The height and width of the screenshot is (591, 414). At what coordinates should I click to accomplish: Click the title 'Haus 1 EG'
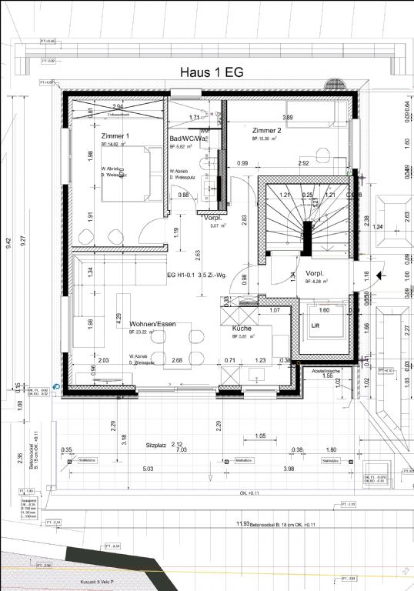pos(212,72)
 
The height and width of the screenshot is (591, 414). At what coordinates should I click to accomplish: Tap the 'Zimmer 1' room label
pos(115,135)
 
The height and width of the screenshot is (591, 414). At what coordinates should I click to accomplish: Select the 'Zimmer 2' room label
pos(266,131)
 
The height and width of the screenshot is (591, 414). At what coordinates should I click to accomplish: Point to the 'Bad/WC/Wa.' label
pos(188,139)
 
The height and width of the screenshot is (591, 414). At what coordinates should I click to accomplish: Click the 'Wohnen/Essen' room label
pos(152,324)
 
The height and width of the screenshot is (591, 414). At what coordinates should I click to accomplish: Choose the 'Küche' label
pos(243,328)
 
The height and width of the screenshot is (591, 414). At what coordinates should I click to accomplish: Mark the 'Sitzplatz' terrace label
pos(156,445)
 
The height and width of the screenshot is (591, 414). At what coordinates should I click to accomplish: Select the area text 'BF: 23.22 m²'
pos(142,332)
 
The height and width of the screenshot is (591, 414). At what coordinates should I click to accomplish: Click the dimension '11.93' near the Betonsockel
pos(243,524)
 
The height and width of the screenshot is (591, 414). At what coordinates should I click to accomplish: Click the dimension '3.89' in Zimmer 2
pos(287,118)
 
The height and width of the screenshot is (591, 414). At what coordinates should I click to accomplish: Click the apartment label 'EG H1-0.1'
pos(180,274)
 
